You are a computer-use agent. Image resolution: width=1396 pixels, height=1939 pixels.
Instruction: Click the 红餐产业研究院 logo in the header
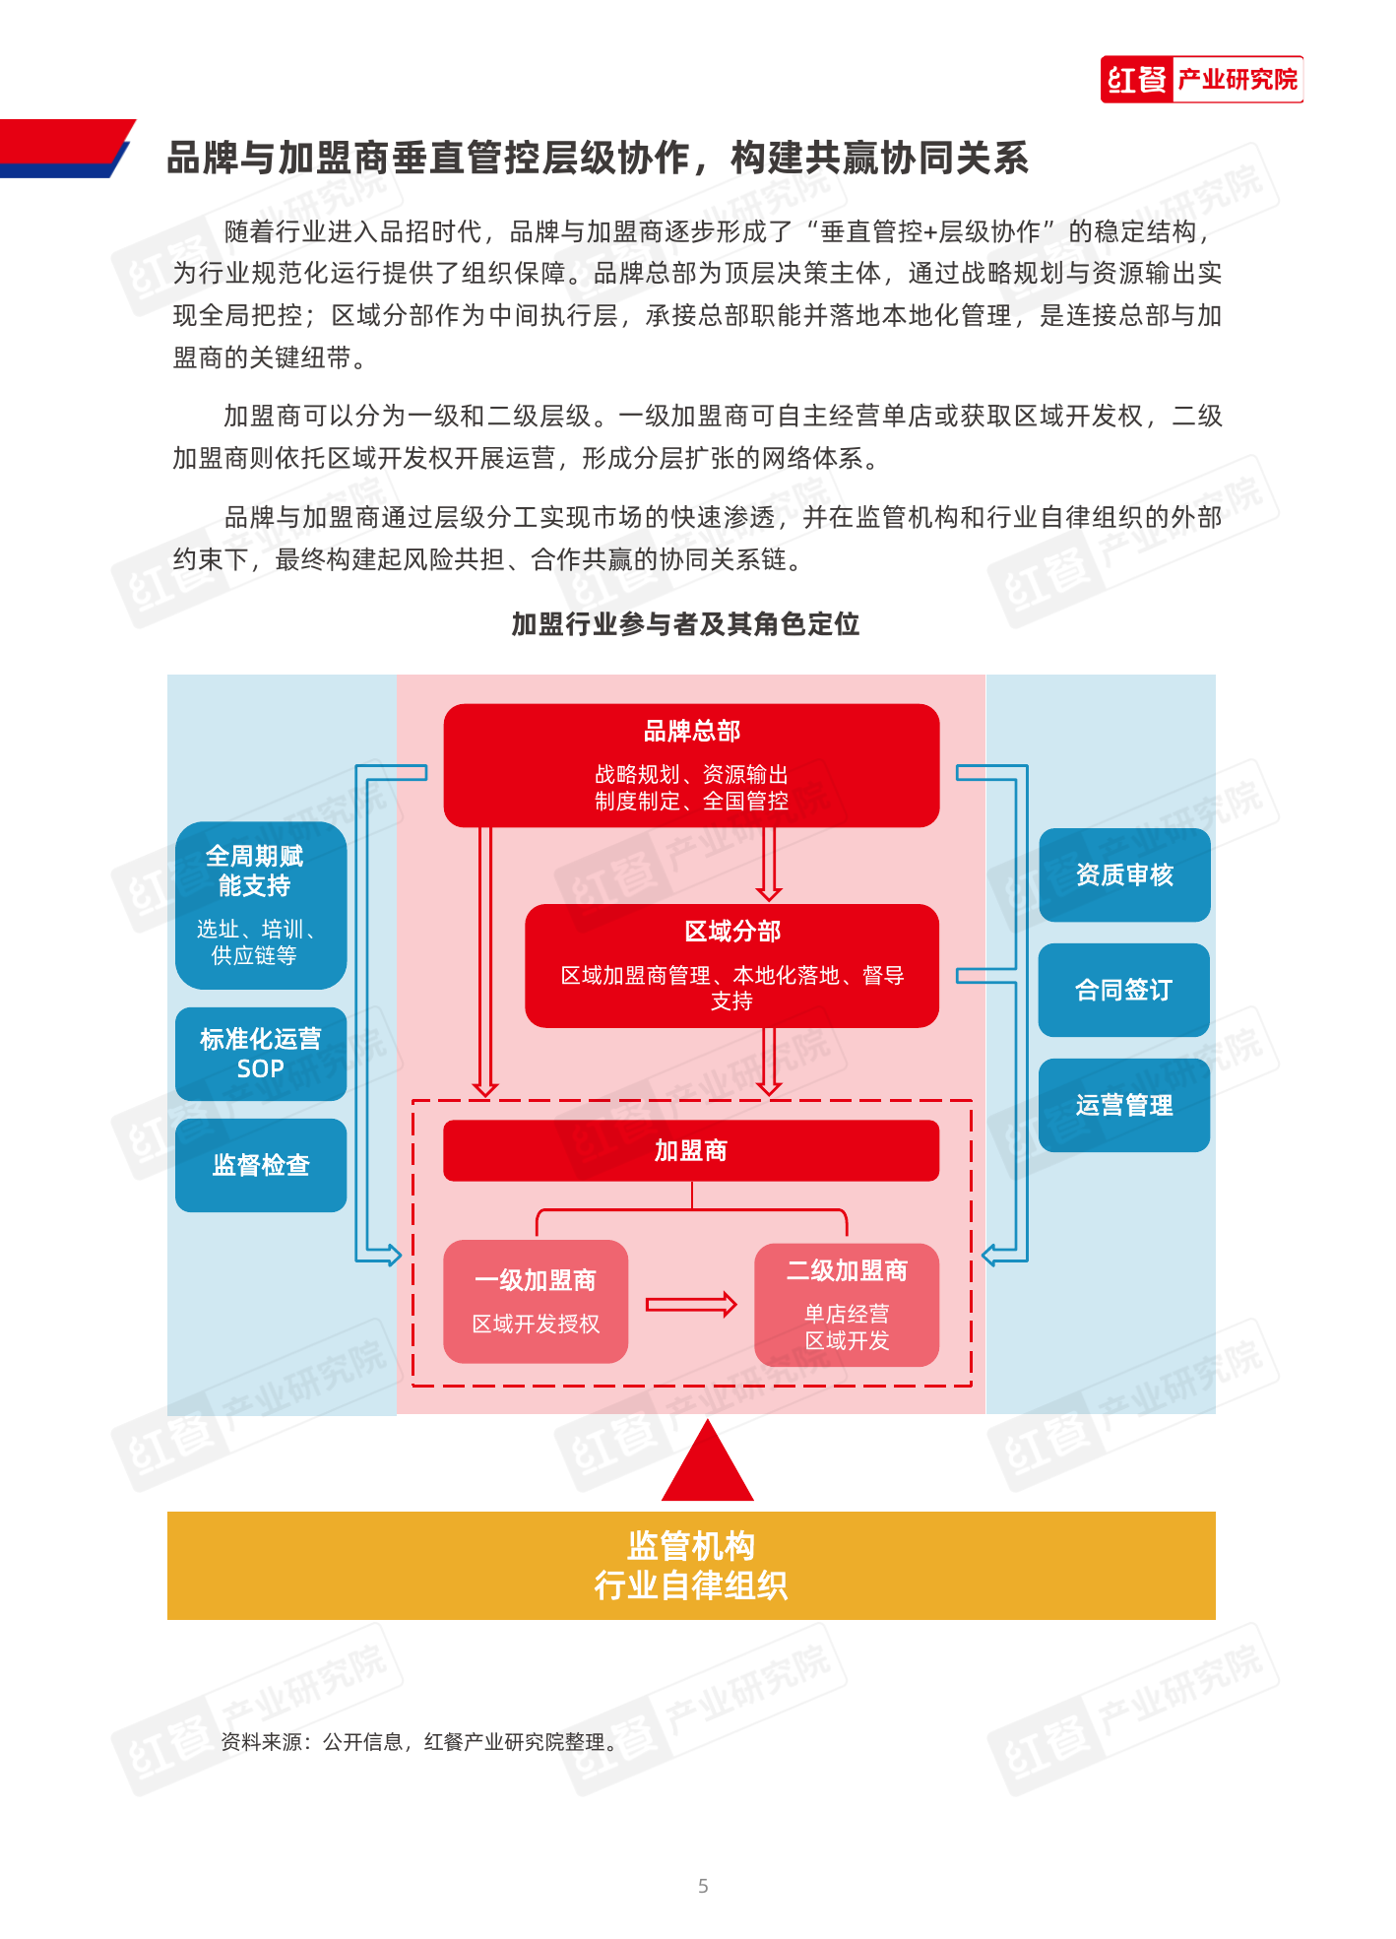[x=1201, y=79]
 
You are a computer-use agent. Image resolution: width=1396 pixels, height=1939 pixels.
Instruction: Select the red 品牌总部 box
[x=691, y=765]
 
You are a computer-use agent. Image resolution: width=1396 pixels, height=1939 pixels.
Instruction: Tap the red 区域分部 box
[x=731, y=966]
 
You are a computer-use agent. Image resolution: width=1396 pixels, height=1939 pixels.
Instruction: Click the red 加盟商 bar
[x=691, y=1150]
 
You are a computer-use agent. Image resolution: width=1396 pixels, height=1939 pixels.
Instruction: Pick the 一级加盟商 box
[x=536, y=1301]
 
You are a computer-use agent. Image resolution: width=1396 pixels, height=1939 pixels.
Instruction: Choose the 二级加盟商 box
[x=847, y=1305]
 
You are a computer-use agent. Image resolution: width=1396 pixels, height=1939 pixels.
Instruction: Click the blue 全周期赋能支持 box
[x=261, y=905]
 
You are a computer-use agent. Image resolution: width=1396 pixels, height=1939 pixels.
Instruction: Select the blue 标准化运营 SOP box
[x=261, y=1054]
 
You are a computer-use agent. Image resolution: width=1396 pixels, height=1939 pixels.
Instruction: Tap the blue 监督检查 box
[x=261, y=1165]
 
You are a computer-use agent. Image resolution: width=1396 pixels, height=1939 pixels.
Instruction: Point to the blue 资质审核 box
[x=1124, y=874]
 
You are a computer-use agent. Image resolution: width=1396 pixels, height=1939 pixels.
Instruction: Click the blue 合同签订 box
[x=1124, y=990]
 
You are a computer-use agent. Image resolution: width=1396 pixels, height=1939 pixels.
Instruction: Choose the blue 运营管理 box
[x=1124, y=1105]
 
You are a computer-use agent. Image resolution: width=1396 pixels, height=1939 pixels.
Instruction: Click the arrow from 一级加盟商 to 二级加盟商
[x=691, y=1305]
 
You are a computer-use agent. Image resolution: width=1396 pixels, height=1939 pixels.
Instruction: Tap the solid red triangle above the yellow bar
[x=708, y=1460]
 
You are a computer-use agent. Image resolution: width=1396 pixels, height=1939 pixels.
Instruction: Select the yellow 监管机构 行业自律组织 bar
[x=691, y=1566]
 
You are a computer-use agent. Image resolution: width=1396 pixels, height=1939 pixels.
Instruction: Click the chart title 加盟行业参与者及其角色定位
[x=685, y=623]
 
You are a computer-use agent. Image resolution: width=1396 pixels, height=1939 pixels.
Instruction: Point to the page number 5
[x=703, y=1886]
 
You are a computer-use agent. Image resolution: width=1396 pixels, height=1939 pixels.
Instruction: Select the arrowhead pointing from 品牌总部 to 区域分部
[x=769, y=893]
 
